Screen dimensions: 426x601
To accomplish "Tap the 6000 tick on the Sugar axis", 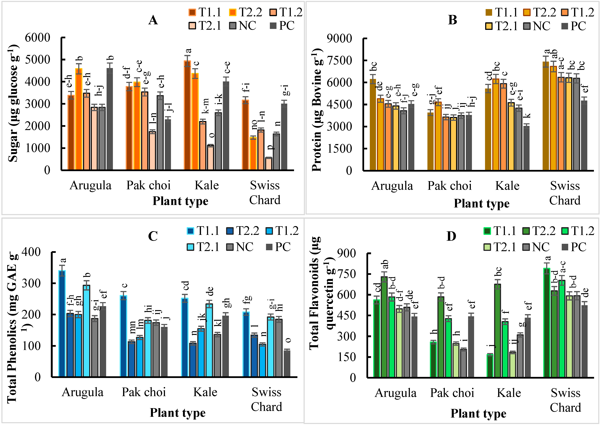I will [38, 38].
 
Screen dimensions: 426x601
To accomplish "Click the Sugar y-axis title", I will [13, 103].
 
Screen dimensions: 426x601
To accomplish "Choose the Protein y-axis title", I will [317, 110].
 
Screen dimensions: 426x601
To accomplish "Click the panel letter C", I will [153, 236].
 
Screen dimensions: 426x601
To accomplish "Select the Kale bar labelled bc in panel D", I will [497, 331].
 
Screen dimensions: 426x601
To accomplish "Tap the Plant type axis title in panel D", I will [478, 413].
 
